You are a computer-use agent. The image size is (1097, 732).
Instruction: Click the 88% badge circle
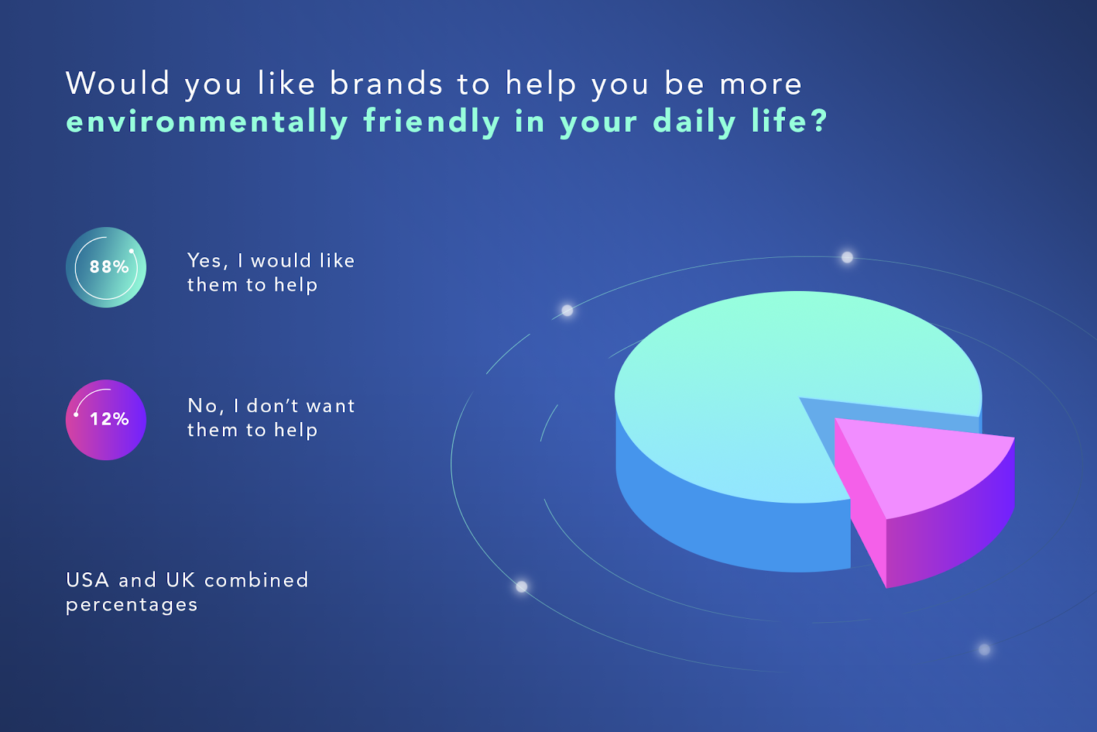[106, 268]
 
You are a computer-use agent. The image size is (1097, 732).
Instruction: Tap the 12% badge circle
[106, 420]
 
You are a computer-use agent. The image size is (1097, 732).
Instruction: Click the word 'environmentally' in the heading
[206, 121]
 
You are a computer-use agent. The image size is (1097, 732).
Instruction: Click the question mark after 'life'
[819, 120]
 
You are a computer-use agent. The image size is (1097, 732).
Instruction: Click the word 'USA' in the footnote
[87, 580]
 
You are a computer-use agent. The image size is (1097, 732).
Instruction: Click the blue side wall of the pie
[725, 524]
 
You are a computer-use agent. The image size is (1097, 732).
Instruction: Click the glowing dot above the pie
[847, 257]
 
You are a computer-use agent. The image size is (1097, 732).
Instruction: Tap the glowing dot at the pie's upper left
[567, 310]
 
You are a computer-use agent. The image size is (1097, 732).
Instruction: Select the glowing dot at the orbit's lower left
[522, 587]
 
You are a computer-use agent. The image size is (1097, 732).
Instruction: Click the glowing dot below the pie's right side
[985, 650]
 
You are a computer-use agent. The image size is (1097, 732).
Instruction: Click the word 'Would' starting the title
[117, 83]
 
